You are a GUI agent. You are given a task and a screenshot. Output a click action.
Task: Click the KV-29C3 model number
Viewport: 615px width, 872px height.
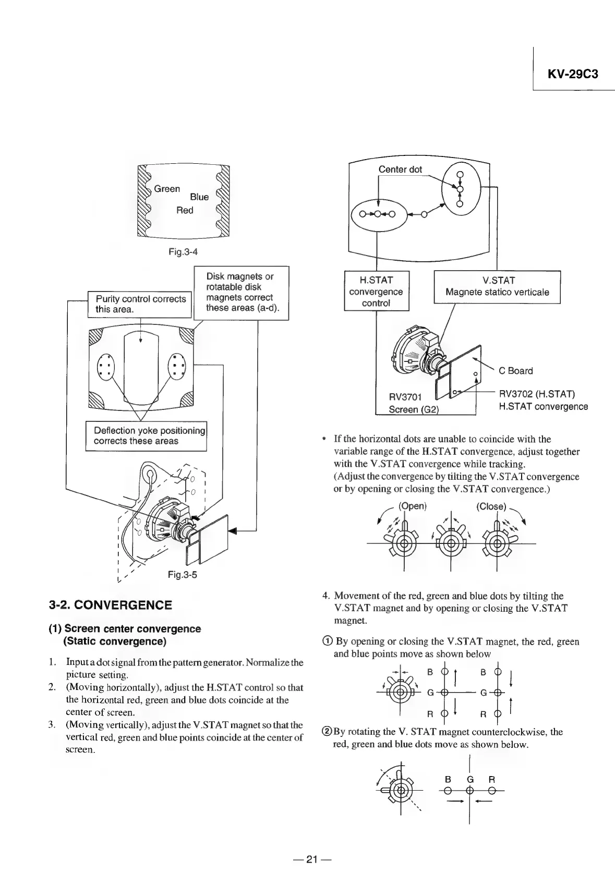coord(572,74)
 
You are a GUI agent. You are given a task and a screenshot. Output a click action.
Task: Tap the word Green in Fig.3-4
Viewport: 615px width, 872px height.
coord(167,189)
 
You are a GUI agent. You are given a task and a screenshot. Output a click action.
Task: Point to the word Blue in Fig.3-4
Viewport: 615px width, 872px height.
coord(199,197)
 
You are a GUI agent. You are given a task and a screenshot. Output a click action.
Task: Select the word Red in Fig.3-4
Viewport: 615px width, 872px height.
coord(185,210)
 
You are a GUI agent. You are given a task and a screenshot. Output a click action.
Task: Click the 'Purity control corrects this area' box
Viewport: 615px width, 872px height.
coord(140,304)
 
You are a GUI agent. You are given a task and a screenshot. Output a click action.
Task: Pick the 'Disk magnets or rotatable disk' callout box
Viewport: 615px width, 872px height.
coord(240,293)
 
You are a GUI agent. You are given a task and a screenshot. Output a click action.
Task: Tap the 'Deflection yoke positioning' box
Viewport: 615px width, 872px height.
coord(147,435)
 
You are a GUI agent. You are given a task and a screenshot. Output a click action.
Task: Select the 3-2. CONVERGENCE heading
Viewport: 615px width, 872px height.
coord(110,605)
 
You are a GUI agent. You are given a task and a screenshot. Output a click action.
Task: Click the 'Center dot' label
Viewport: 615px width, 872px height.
coord(400,169)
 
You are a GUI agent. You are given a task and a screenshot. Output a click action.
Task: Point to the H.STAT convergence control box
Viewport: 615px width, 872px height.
coord(376,292)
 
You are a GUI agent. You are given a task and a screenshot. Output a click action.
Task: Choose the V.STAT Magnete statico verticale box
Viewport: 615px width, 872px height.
coord(497,287)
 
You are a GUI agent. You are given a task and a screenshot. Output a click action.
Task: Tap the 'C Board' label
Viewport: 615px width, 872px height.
coord(516,371)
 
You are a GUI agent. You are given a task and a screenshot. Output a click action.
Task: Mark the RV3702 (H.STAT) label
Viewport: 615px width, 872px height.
coord(536,394)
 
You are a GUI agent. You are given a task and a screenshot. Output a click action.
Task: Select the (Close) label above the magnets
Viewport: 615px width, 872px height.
coord(491,506)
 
